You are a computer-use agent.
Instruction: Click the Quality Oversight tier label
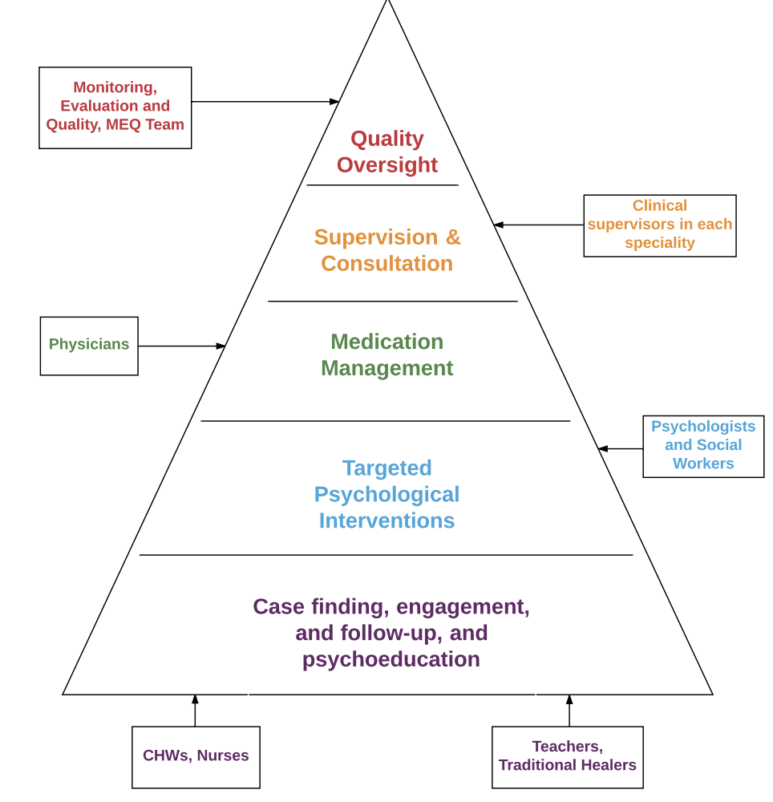pyautogui.click(x=386, y=152)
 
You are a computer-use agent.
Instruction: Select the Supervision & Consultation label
pyautogui.click(x=386, y=250)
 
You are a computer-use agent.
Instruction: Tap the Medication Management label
pyautogui.click(x=386, y=354)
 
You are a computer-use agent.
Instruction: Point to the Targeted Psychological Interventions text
pyautogui.click(x=386, y=494)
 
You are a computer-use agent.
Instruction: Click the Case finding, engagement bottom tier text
pyautogui.click(x=391, y=633)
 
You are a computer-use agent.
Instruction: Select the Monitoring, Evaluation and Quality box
pyautogui.click(x=115, y=107)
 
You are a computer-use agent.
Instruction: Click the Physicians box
pyautogui.click(x=89, y=346)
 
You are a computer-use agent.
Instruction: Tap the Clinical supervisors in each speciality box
pyautogui.click(x=659, y=225)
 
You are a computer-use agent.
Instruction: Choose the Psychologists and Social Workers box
pyautogui.click(x=703, y=446)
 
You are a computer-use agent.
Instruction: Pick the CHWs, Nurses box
pyautogui.click(x=196, y=756)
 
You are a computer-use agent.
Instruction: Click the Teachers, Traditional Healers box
pyautogui.click(x=567, y=756)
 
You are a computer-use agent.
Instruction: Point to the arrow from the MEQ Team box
pyautogui.click(x=265, y=102)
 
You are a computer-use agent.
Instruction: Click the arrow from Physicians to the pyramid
pyautogui.click(x=181, y=346)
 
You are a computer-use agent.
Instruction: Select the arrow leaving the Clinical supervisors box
pyautogui.click(x=538, y=225)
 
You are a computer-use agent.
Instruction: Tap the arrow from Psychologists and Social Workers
pyautogui.click(x=621, y=449)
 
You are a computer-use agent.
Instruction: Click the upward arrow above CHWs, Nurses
pyautogui.click(x=195, y=711)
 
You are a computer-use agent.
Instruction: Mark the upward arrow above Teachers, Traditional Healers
pyautogui.click(x=569, y=711)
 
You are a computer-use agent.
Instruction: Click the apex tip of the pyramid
pyautogui.click(x=388, y=3)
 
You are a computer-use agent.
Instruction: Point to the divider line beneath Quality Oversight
pyautogui.click(x=382, y=185)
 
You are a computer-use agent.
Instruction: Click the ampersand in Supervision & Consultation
pyautogui.click(x=453, y=237)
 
